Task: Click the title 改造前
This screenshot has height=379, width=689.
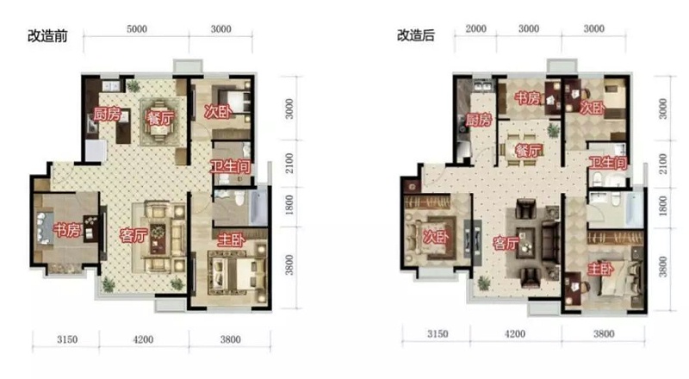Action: pyautogui.click(x=47, y=35)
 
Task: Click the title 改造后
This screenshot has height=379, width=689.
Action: pyautogui.click(x=416, y=35)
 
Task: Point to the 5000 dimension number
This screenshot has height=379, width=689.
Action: pyautogui.click(x=137, y=29)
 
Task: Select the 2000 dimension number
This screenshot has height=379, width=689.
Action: pyautogui.click(x=476, y=28)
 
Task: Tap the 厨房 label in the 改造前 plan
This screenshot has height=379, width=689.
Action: pyautogui.click(x=107, y=115)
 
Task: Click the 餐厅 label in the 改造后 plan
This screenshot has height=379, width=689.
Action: pyautogui.click(x=529, y=151)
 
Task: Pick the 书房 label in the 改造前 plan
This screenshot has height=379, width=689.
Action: pyautogui.click(x=67, y=229)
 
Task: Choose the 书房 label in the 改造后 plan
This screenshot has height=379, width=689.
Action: pyautogui.click(x=528, y=97)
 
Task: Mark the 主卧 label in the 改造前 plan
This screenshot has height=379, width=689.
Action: pyautogui.click(x=231, y=240)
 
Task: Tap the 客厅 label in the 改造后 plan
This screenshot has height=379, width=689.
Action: pyautogui.click(x=506, y=243)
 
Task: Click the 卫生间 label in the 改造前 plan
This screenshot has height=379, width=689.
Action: pyautogui.click(x=230, y=166)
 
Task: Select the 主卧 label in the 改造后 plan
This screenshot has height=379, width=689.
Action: pyautogui.click(x=600, y=268)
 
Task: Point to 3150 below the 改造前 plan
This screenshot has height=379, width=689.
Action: pyautogui.click(x=67, y=339)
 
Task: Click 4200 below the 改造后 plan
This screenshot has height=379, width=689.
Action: pyautogui.click(x=514, y=333)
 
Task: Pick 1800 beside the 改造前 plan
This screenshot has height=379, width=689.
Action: pyautogui.click(x=289, y=205)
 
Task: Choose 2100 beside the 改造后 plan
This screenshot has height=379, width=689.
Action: pyautogui.click(x=662, y=164)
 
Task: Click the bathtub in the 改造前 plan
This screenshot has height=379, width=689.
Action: pyautogui.click(x=258, y=207)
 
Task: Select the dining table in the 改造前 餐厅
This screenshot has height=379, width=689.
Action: pyautogui.click(x=159, y=121)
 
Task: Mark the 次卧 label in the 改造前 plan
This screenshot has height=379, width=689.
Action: pyautogui.click(x=219, y=112)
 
